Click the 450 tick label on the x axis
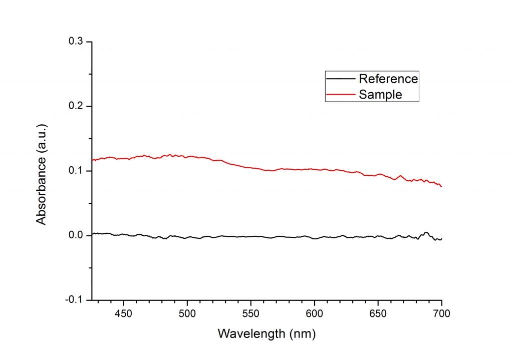[x=123, y=314]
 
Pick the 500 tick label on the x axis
[x=187, y=314]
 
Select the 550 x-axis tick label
[x=250, y=314]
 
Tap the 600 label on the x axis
[x=314, y=314]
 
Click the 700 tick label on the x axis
[x=441, y=314]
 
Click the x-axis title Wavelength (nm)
[x=267, y=333]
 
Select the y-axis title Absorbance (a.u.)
[x=42, y=171]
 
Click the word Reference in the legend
[x=388, y=79]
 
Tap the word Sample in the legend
[x=380, y=94]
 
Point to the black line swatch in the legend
[x=341, y=79]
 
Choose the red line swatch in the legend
[x=341, y=94]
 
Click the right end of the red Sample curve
[x=441, y=186]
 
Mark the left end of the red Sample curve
[x=93, y=160]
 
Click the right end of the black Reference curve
[x=441, y=239]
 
